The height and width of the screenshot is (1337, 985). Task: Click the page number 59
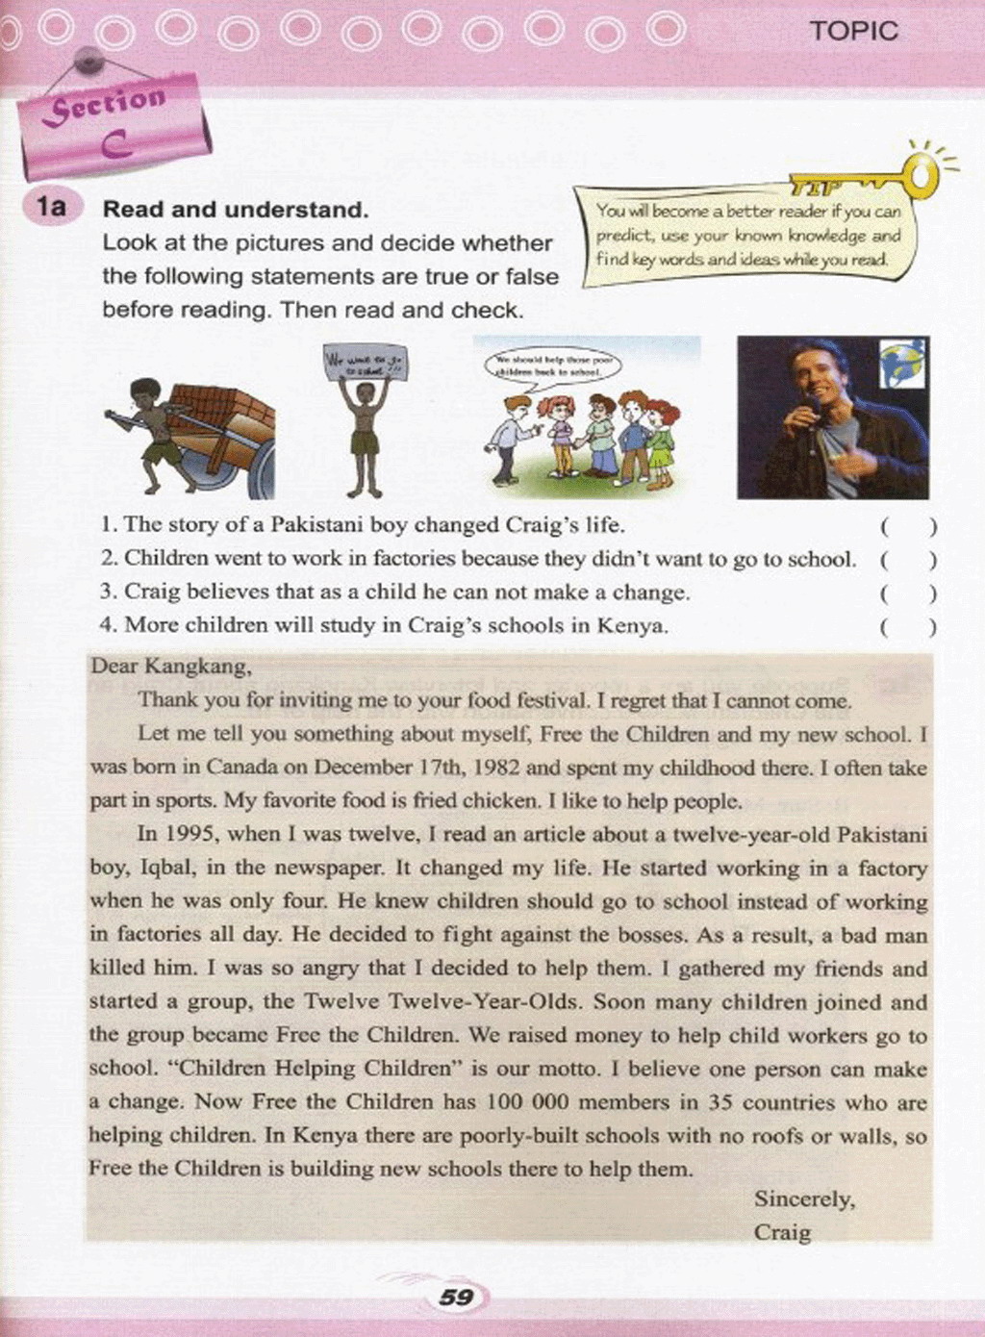[456, 1298]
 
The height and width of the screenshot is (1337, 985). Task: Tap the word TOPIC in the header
[853, 31]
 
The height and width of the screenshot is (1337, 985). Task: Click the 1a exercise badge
[52, 207]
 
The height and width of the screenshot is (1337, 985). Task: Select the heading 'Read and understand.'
[236, 209]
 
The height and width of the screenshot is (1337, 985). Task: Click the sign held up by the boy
[365, 362]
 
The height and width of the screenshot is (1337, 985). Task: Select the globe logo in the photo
[902, 364]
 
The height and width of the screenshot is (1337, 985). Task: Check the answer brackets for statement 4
[907, 627]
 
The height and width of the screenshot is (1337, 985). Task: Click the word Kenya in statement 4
[630, 625]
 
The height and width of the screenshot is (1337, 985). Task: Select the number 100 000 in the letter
[528, 1102]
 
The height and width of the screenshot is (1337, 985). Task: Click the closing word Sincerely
[804, 1199]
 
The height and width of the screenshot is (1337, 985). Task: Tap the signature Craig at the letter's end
[782, 1232]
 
